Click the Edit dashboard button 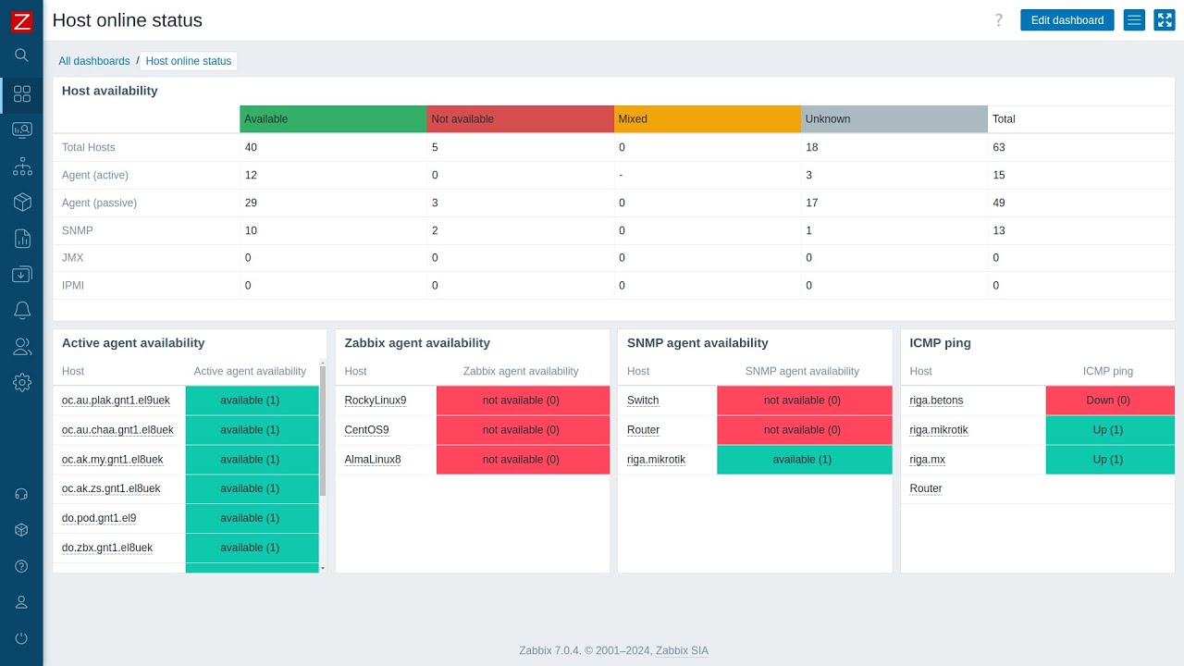[x=1067, y=20]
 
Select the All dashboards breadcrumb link [x=94, y=61]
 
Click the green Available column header [x=333, y=119]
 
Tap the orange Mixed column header [x=707, y=119]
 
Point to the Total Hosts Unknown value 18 [x=812, y=147]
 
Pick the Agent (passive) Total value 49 [x=999, y=203]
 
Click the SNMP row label [x=78, y=230]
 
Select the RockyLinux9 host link [x=376, y=401]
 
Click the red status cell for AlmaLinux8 [x=523, y=460]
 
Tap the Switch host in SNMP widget [x=643, y=401]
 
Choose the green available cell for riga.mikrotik [x=803, y=460]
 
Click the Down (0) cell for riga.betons [x=1109, y=401]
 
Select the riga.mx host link [x=928, y=460]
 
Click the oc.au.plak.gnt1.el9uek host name [x=116, y=401]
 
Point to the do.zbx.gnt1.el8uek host [x=107, y=548]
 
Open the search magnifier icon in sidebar [x=22, y=55]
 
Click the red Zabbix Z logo [x=21, y=21]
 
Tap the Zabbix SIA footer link [x=682, y=651]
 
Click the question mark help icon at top [x=998, y=20]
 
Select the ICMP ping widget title [x=941, y=343]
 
